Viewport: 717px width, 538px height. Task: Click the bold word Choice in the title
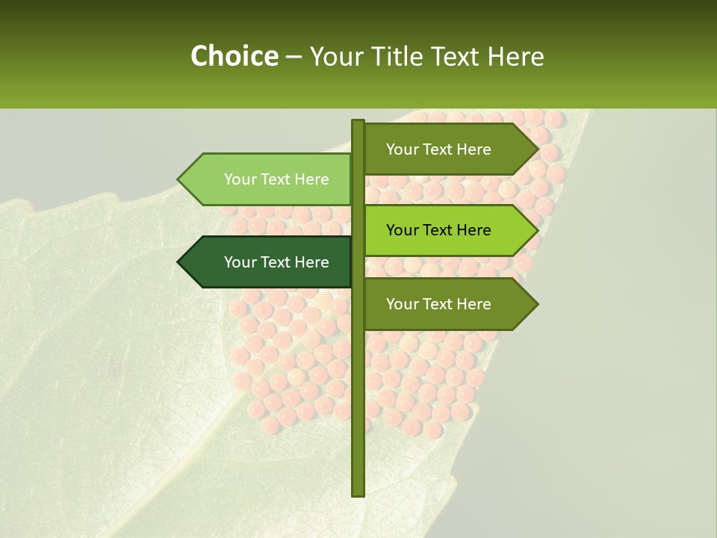(234, 57)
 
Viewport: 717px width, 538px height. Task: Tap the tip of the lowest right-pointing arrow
(536, 304)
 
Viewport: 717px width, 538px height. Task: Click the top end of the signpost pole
(358, 122)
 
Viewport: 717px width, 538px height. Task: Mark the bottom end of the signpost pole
(358, 494)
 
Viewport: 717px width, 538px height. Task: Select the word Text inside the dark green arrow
(276, 262)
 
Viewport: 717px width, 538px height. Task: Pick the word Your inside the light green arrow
(240, 179)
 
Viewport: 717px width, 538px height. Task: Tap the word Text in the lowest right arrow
(438, 304)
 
